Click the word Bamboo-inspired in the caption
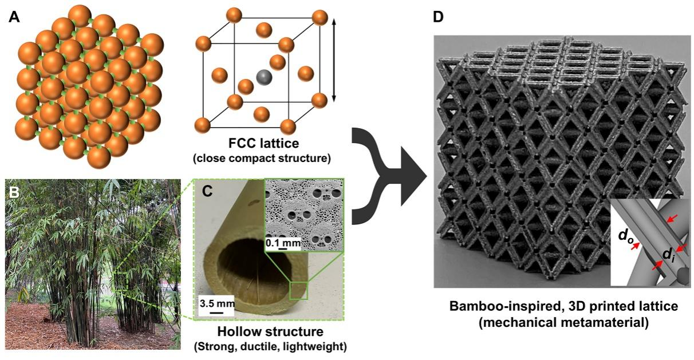click(496, 307)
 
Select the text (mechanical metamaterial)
click(563, 322)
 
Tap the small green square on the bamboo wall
click(299, 290)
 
